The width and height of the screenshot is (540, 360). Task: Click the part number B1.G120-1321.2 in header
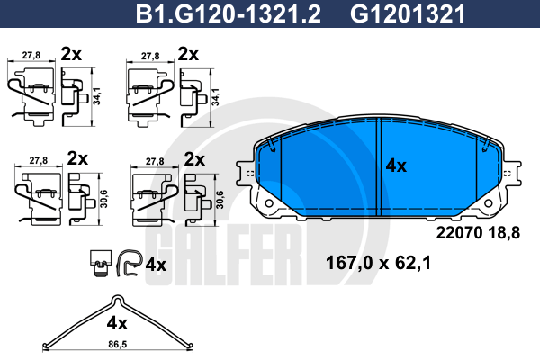tap(229, 14)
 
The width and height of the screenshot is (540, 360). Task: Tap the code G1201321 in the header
tap(408, 14)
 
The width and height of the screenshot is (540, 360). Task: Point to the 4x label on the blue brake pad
tap(396, 166)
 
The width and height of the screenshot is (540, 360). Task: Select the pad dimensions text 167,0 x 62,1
tap(378, 263)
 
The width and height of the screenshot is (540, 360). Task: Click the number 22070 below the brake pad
tap(459, 233)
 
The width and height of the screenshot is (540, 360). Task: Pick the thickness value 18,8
tap(504, 233)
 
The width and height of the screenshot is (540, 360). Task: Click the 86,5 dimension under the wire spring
tap(117, 344)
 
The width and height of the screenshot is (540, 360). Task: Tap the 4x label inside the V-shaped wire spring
tap(117, 323)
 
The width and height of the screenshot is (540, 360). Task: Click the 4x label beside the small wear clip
tap(156, 265)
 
